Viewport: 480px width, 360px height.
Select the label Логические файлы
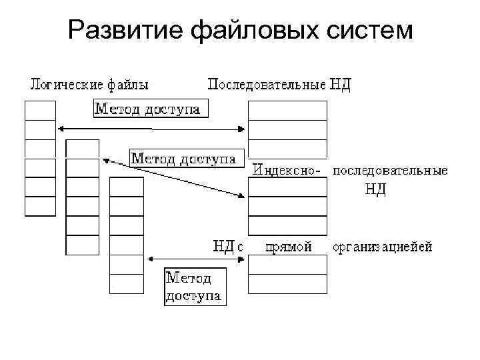click(89, 85)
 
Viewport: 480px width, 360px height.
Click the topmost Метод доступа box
click(150, 109)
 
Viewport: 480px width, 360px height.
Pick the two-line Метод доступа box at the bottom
click(195, 286)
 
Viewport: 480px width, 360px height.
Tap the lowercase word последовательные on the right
click(390, 171)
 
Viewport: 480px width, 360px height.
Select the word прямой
click(289, 247)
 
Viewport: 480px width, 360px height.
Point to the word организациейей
click(383, 247)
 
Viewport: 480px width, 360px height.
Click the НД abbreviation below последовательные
click(375, 189)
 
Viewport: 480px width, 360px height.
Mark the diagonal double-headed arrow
click(173, 177)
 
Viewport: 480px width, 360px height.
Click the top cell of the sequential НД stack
click(287, 111)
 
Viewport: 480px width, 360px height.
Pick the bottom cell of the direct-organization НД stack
click(287, 284)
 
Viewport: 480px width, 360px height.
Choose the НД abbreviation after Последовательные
click(340, 85)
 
